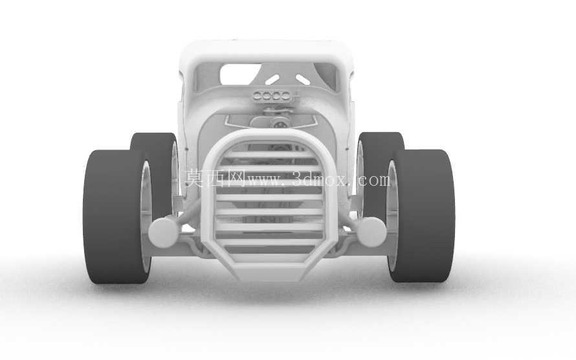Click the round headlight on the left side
click(x=164, y=232)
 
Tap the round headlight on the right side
click(x=371, y=232)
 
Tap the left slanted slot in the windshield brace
click(x=272, y=80)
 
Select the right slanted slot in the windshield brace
click(x=302, y=80)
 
